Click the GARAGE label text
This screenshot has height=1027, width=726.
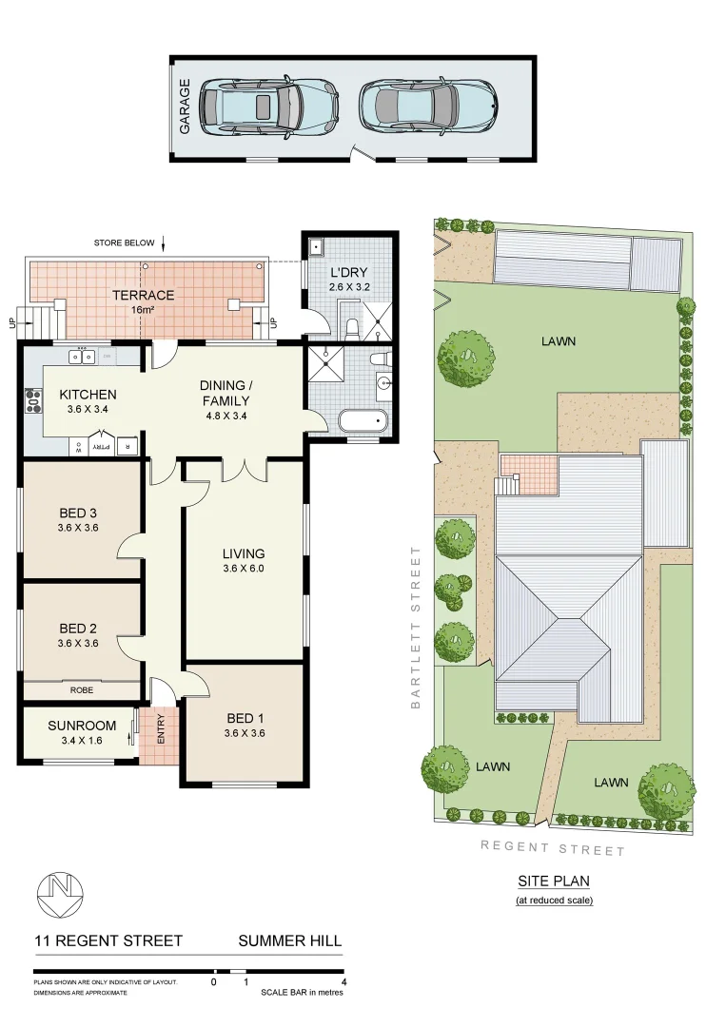click(186, 105)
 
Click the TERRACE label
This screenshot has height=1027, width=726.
click(143, 296)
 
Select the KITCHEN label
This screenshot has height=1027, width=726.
click(88, 395)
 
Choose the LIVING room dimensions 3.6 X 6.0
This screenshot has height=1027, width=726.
click(244, 570)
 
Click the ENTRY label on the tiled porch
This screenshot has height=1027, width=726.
click(161, 729)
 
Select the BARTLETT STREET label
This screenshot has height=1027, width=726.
click(415, 628)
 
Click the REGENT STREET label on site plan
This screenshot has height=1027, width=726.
click(552, 847)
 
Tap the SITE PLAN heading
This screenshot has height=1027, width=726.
click(554, 882)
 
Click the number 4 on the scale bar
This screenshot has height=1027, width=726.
click(343, 981)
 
